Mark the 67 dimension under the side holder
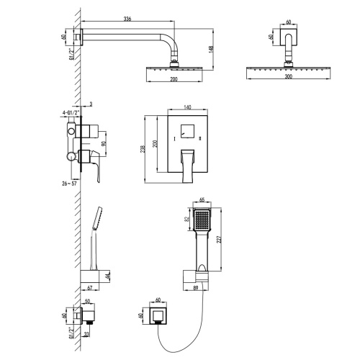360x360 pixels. click(90, 288)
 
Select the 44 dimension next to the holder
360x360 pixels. click(108, 275)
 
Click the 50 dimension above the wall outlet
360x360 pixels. click(88, 301)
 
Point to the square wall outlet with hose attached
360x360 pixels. click(156, 318)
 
